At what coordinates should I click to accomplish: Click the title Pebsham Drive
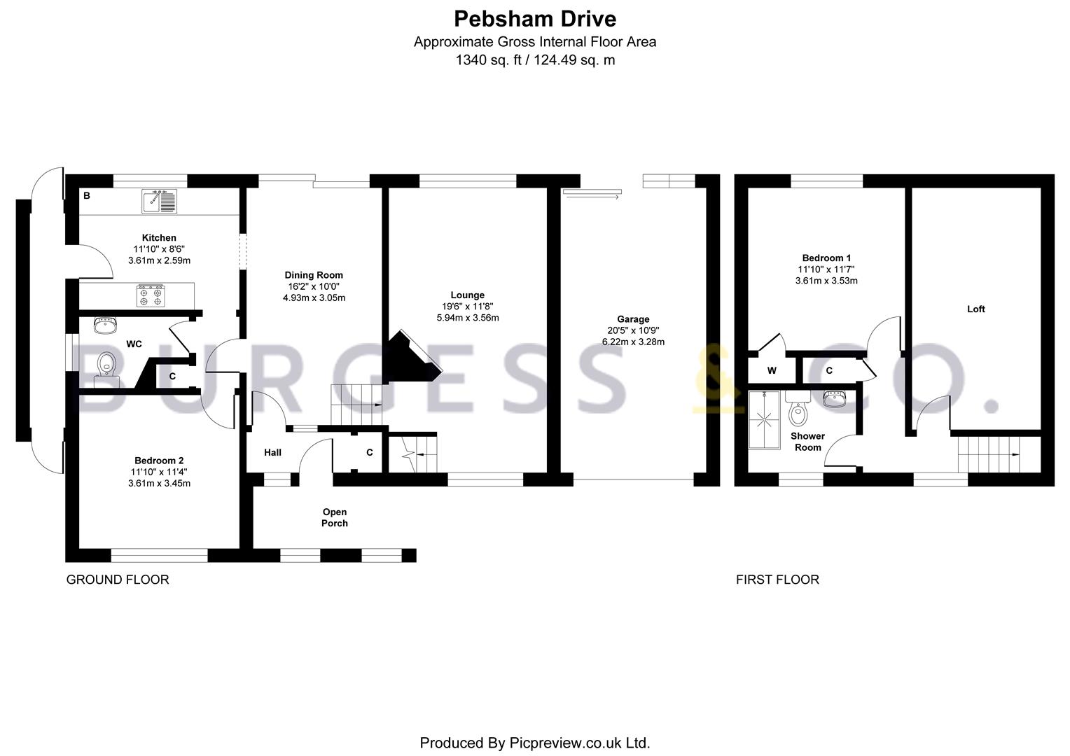click(x=534, y=19)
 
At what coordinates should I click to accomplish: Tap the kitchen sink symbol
click(x=159, y=201)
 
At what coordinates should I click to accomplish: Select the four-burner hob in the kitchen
click(x=151, y=295)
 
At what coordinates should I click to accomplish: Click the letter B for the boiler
click(x=87, y=195)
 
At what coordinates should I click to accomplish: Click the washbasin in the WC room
click(x=105, y=325)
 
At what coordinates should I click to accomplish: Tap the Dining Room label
click(x=314, y=275)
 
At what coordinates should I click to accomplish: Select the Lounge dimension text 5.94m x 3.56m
click(x=468, y=318)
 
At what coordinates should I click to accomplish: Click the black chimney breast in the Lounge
click(x=412, y=356)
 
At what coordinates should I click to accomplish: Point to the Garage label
click(x=634, y=319)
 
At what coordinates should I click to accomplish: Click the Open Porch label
click(x=335, y=518)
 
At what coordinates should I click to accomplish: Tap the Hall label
click(x=273, y=453)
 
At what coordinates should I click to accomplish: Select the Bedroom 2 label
click(x=159, y=461)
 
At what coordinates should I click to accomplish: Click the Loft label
click(x=976, y=309)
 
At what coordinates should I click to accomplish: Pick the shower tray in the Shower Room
click(x=764, y=420)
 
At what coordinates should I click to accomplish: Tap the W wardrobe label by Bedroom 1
click(x=772, y=370)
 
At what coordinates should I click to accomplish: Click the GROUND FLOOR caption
click(x=118, y=580)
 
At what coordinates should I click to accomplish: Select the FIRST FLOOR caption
click(x=778, y=580)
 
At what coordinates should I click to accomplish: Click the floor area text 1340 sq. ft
click(x=489, y=61)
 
